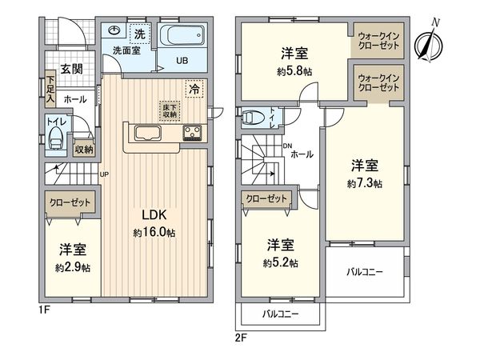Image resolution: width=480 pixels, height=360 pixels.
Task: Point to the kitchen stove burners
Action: pyautogui.click(x=194, y=133)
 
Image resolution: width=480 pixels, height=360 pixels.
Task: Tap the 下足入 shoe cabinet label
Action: pyautogui.click(x=50, y=89)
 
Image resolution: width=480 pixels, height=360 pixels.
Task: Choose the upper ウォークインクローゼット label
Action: pyautogui.click(x=380, y=41)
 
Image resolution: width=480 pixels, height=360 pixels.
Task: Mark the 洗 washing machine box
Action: pyautogui.click(x=139, y=34)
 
